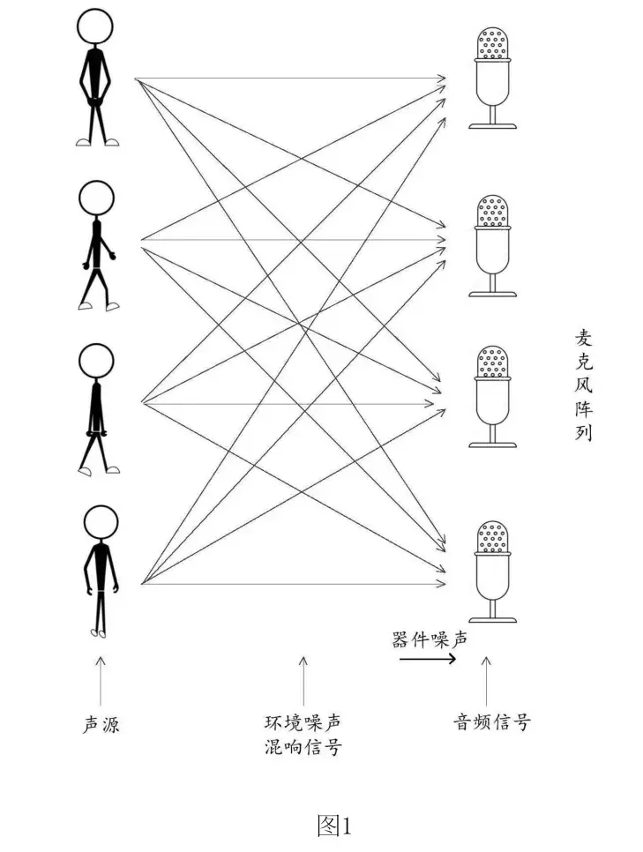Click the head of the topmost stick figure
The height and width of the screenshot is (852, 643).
tap(95, 26)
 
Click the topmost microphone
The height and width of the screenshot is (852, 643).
tap(493, 76)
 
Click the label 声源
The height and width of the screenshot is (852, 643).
tap(101, 725)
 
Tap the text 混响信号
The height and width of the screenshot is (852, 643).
tap(303, 748)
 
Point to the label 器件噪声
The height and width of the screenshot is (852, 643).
tap(430, 639)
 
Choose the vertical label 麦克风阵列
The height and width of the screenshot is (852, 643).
tap(583, 385)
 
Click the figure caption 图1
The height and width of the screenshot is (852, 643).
tap(333, 826)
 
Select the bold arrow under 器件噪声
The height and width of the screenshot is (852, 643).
tap(428, 659)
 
